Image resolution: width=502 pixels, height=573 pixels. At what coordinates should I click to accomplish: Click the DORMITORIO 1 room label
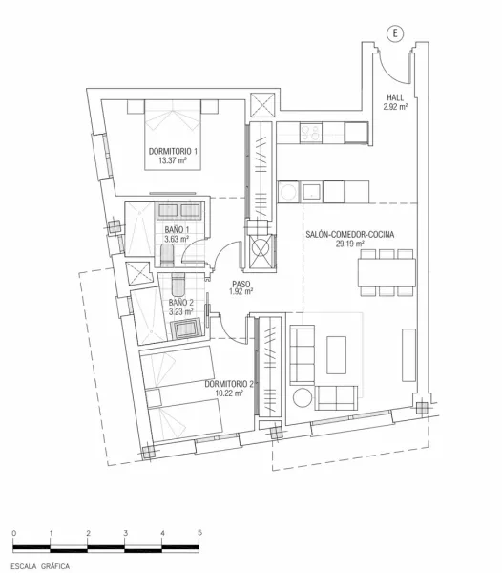[x=173, y=152]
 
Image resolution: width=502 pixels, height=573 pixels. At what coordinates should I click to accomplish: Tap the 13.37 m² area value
[x=173, y=161]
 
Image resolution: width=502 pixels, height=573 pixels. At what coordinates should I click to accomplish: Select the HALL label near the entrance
[x=395, y=97]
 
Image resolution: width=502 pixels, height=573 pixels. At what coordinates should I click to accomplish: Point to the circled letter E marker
[x=393, y=32]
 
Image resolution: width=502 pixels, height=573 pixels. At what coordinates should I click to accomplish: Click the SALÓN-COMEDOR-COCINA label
[x=350, y=234]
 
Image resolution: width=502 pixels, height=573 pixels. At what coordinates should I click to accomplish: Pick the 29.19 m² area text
[x=350, y=244]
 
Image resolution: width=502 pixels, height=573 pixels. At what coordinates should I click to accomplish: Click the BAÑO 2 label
[x=181, y=302]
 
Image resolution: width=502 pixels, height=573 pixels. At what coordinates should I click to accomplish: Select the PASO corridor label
[x=241, y=283]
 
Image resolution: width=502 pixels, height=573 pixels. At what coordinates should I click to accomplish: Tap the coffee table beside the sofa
[x=339, y=354]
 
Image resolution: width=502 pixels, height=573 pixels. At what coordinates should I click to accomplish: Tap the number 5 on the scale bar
[x=199, y=532]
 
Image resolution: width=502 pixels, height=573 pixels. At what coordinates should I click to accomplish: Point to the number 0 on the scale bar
[x=14, y=532]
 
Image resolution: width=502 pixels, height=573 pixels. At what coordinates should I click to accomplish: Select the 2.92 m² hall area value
[x=395, y=107]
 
